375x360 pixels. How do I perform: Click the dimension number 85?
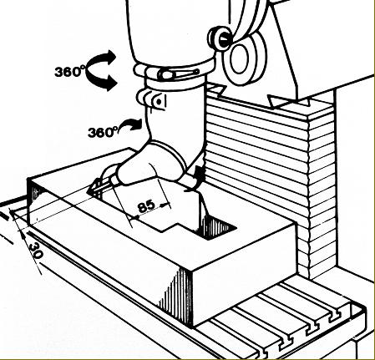(x=146, y=206)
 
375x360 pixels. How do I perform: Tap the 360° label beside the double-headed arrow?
(x=68, y=71)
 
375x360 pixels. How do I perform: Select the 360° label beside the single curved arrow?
(x=102, y=132)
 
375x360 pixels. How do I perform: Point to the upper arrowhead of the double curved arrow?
(x=110, y=57)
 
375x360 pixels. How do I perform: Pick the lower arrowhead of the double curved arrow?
(x=110, y=83)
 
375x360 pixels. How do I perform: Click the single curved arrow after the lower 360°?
(x=131, y=124)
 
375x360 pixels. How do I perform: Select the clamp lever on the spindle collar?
(x=178, y=74)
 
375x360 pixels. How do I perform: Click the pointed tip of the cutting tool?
(x=88, y=191)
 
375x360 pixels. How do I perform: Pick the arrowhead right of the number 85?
(x=166, y=205)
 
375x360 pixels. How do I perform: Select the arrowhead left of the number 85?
(x=133, y=217)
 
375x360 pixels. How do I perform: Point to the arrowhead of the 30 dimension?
(x=23, y=236)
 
